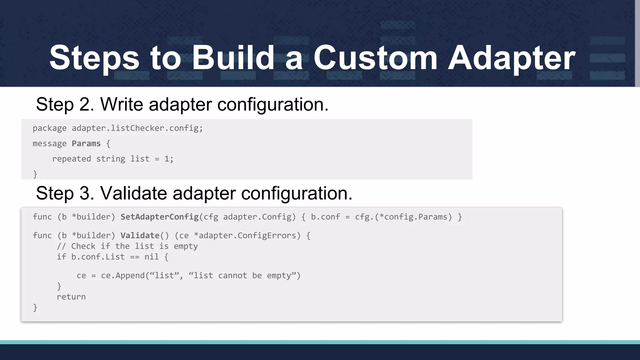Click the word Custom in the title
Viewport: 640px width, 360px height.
(x=375, y=58)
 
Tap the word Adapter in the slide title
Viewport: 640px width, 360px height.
(x=511, y=58)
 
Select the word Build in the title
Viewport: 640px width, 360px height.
(x=233, y=58)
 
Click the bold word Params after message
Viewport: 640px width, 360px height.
(x=86, y=144)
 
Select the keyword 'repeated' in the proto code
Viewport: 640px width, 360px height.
(x=72, y=159)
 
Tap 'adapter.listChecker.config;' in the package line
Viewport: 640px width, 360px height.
(x=137, y=128)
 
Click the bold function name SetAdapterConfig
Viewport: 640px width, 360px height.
(x=160, y=217)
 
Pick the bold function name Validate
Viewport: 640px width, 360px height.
(x=140, y=236)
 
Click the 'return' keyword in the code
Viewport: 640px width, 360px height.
(x=71, y=297)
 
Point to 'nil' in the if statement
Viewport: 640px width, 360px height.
(x=152, y=257)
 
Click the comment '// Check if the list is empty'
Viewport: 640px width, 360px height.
(x=127, y=246)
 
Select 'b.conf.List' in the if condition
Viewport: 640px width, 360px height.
(x=98, y=257)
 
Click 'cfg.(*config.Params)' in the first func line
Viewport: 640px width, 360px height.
(x=403, y=217)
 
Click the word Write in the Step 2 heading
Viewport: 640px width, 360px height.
(x=122, y=104)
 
